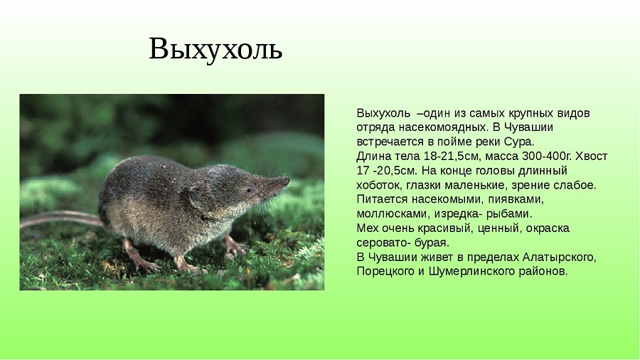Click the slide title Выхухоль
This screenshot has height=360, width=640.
(215, 50)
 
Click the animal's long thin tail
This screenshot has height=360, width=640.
(60, 218)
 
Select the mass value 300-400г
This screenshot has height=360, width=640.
(548, 157)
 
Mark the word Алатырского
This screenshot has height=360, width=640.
(559, 258)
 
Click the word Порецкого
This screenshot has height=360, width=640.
(385, 272)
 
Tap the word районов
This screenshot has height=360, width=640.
(545, 272)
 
